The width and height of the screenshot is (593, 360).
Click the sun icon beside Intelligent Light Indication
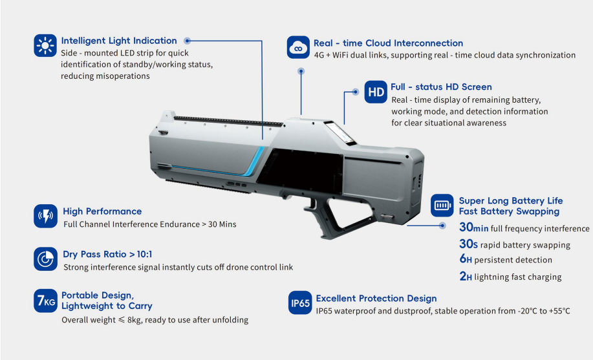coord(45,46)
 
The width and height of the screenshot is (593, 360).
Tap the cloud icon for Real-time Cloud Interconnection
coord(298,47)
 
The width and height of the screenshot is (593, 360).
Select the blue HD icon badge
coord(376,92)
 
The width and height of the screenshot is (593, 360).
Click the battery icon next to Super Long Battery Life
coord(442,206)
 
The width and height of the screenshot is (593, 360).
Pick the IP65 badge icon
coord(300,302)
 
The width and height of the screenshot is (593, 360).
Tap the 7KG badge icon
coord(45,301)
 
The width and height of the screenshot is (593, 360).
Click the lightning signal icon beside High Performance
coord(45,217)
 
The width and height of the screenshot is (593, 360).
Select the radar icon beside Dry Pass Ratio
coord(45,259)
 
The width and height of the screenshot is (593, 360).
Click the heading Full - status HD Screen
coord(441,87)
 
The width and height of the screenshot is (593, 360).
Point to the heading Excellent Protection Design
coord(376,299)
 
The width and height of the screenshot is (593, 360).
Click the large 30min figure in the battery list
coord(473,228)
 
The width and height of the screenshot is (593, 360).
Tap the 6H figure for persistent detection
coord(466,259)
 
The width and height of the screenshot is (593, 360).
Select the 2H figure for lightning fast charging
coord(466,277)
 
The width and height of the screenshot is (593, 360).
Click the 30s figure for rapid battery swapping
coord(469,244)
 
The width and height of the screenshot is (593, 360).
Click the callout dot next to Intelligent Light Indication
coord(187,41)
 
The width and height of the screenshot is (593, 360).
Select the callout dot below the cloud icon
coord(301,71)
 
